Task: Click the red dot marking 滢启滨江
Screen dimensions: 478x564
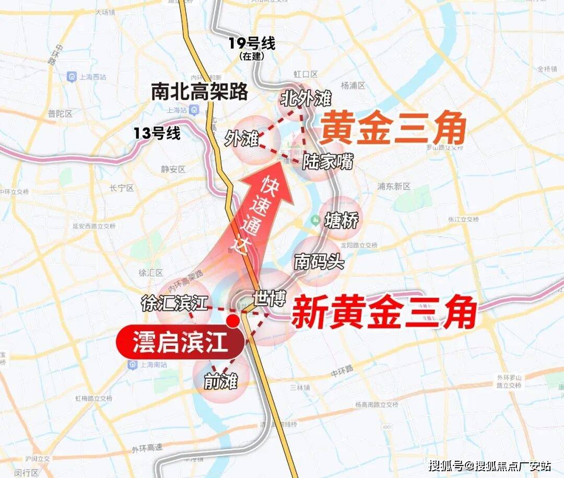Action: click(x=233, y=320)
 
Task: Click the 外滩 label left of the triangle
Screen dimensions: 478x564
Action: click(x=242, y=139)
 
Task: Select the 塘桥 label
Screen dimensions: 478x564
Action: click(x=342, y=221)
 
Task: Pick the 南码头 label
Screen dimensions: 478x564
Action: click(x=319, y=262)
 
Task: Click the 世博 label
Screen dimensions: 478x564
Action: click(x=269, y=299)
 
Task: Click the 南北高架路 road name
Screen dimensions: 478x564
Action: click(x=199, y=92)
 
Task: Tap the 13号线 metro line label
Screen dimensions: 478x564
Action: click(x=157, y=133)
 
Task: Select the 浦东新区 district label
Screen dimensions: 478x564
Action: click(x=394, y=186)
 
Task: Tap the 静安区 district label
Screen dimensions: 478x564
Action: click(x=174, y=169)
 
